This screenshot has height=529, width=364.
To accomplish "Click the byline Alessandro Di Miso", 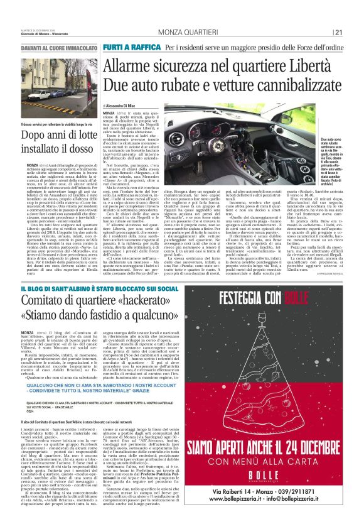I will pyautogui.click(x=126, y=106).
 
